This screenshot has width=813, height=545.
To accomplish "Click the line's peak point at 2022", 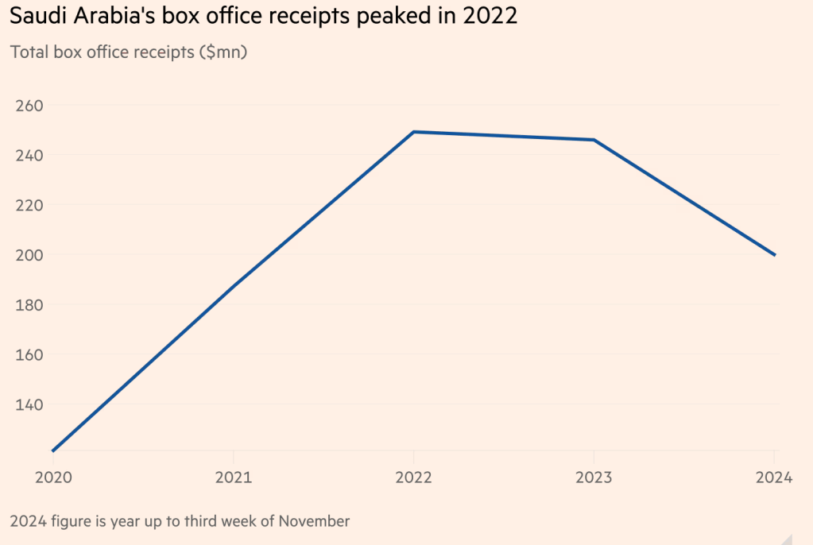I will tap(413, 132).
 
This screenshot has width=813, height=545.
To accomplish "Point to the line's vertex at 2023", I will tap(594, 140).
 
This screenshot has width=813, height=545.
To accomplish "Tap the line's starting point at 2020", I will tap(53, 450).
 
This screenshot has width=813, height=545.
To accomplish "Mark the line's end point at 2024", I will tap(775, 255).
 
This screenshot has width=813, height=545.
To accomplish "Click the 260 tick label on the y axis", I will tap(29, 106).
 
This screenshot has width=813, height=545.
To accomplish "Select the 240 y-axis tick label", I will tap(29, 155).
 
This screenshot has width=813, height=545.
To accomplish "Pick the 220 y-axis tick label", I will tap(29, 205).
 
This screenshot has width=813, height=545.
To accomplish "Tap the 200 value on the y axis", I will tap(29, 255).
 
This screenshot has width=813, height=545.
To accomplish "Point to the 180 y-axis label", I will tap(29, 305).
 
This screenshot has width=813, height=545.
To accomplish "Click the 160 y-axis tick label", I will tap(29, 354).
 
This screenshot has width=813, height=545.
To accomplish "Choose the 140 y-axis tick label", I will tap(29, 404).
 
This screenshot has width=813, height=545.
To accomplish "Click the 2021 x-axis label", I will tap(233, 477).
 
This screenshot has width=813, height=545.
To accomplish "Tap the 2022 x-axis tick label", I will tap(413, 477).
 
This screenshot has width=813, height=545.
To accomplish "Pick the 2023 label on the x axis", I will tap(594, 477).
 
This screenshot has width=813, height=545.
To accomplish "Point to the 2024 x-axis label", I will tap(773, 477).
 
